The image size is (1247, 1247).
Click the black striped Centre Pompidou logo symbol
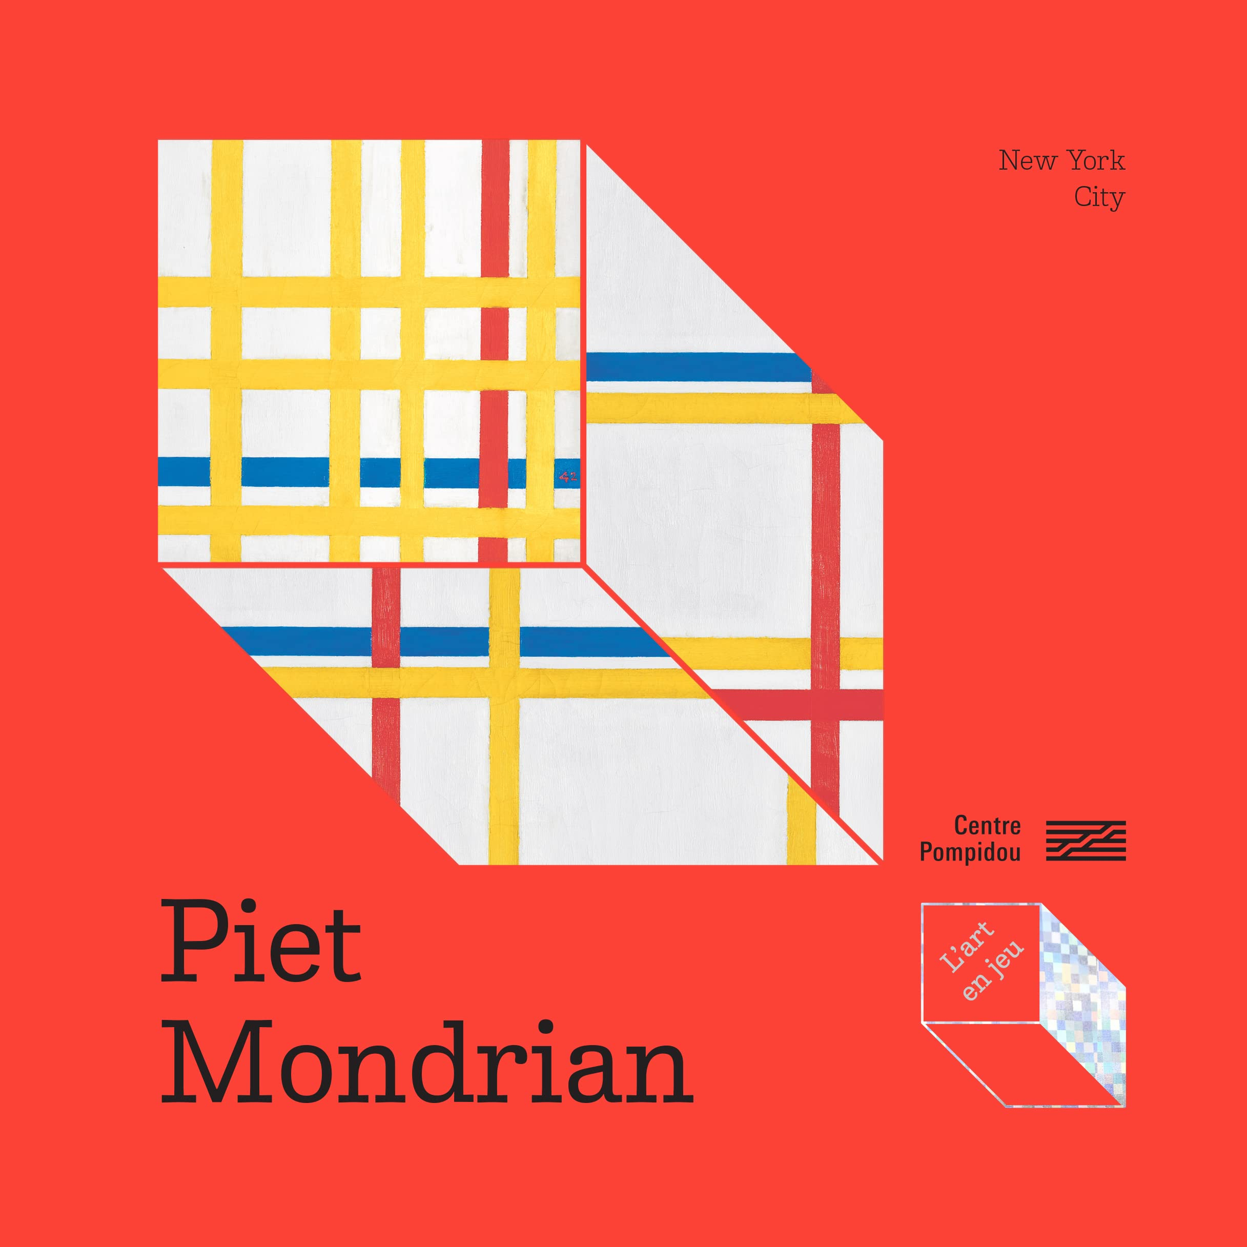1086,841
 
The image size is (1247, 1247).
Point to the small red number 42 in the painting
568,478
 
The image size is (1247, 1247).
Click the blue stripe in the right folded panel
697,366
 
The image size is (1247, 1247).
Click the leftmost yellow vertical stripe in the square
227,349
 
